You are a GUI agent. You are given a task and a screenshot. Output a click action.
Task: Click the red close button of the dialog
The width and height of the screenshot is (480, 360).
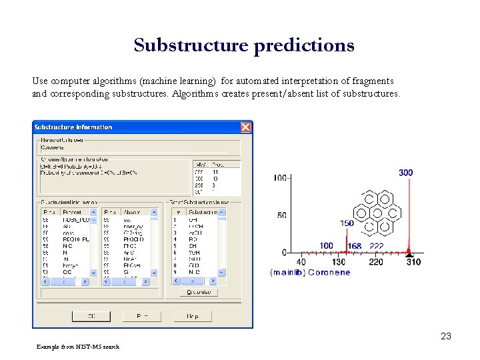[245, 127]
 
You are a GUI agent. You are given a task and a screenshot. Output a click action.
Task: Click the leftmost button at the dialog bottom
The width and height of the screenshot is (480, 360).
[91, 315]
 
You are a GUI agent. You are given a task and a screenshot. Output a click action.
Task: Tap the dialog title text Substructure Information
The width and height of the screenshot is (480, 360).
[73, 127]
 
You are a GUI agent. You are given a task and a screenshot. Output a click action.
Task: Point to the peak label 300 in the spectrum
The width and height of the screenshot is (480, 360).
[405, 173]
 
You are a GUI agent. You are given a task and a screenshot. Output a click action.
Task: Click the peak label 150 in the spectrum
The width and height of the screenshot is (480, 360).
[347, 223]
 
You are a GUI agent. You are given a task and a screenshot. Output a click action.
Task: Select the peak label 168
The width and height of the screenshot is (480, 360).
[355, 246]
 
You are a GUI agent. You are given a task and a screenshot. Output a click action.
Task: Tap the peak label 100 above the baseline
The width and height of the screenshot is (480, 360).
[326, 246]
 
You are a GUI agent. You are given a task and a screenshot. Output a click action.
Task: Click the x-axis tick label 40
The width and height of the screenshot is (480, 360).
[301, 262]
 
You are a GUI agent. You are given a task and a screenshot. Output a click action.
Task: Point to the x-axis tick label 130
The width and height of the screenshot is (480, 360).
[339, 262]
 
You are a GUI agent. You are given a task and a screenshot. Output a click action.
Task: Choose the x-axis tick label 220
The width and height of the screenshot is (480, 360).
[376, 262]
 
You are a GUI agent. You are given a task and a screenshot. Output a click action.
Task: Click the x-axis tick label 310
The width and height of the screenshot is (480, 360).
[413, 262]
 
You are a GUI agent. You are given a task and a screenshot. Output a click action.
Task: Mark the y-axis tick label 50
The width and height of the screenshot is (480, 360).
[281, 215]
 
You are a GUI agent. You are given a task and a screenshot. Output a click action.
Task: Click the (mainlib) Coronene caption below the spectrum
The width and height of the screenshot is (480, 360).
[310, 272]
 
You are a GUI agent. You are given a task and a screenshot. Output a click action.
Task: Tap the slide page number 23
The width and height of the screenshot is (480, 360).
[446, 336]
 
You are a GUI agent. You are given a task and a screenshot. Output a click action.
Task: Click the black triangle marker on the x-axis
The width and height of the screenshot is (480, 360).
[409, 254]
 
